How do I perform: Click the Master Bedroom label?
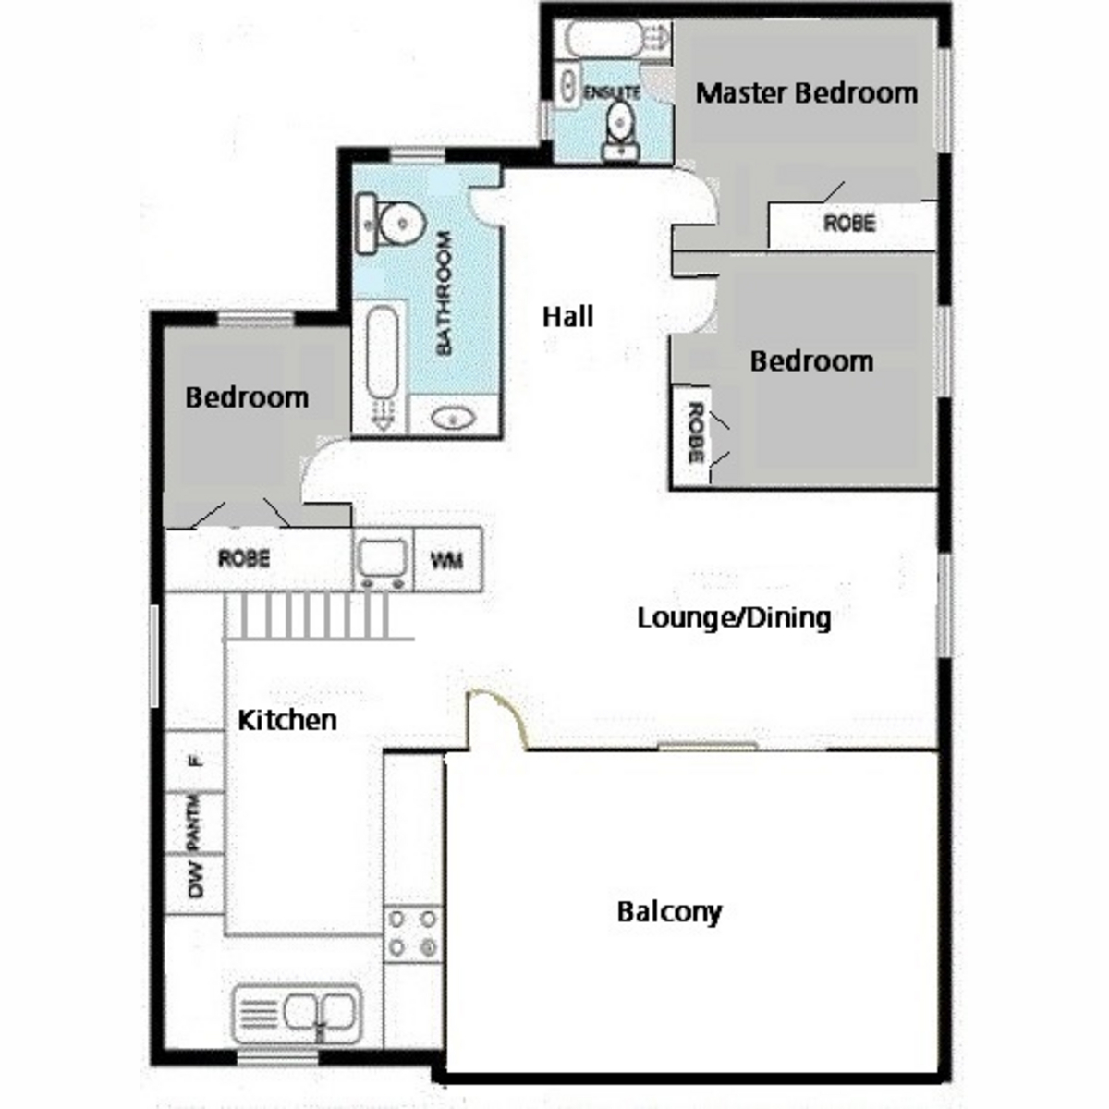[806, 92]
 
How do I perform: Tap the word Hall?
[567, 317]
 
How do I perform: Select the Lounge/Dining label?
[734, 617]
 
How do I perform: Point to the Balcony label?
[669, 912]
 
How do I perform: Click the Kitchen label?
[286, 720]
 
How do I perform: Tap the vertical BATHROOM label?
[445, 293]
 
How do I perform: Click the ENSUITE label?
[612, 92]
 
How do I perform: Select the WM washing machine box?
[447, 559]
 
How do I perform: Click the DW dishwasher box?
[195, 878]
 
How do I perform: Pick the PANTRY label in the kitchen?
[194, 822]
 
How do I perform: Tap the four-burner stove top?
[412, 933]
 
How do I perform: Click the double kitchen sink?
[298, 1013]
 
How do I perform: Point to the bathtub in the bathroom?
[382, 364]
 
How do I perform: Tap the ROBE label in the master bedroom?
[849, 223]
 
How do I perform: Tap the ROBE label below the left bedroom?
[244, 559]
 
